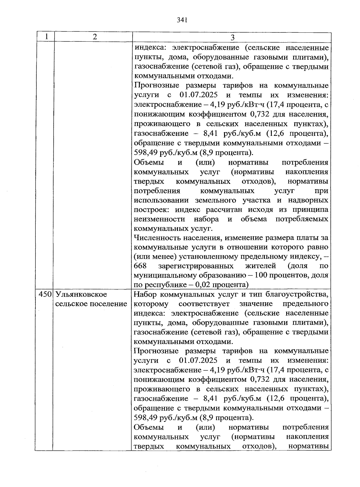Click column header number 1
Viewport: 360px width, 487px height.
coord(46,37)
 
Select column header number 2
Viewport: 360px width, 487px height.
coord(95,37)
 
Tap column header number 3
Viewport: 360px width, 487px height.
coord(232,37)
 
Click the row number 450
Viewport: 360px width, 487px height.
coord(46,294)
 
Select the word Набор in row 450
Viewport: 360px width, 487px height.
coord(145,294)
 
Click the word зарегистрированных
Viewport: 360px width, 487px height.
coord(196,266)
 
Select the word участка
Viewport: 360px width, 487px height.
coord(259,200)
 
